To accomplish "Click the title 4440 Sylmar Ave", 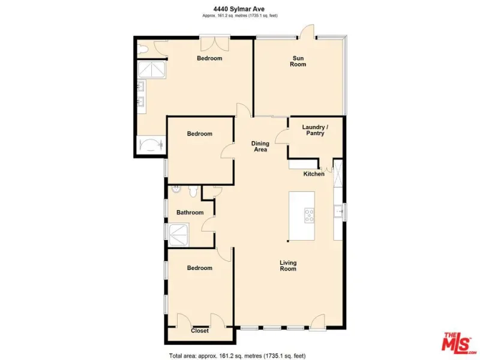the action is click(239, 9).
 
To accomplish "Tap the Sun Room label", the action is click(298, 61).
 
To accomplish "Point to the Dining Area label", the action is click(260, 146).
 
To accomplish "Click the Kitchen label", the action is click(314, 174).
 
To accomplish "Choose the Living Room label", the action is click(288, 266).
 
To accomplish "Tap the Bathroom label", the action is click(190, 212).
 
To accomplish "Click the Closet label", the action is click(200, 331).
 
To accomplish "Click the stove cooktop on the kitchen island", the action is click(309, 215).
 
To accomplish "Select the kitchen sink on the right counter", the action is click(338, 211).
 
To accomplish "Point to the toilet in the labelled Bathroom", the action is click(193, 191).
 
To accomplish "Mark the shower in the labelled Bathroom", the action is click(179, 235).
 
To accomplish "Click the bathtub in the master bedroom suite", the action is click(151, 145).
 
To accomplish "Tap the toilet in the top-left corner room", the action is click(143, 49).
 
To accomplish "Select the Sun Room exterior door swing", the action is click(307, 32).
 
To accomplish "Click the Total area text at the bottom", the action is click(237, 356).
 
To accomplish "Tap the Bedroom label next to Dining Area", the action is click(200, 134).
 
